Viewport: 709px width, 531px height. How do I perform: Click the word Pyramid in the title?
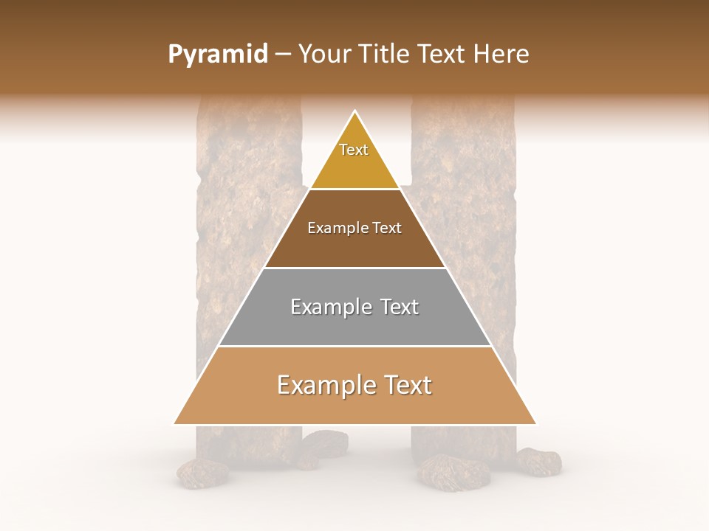[217, 55]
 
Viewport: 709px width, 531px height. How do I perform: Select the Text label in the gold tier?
[354, 150]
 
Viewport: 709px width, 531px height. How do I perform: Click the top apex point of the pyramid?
[355, 111]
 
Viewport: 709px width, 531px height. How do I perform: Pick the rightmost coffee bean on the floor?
[538, 462]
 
